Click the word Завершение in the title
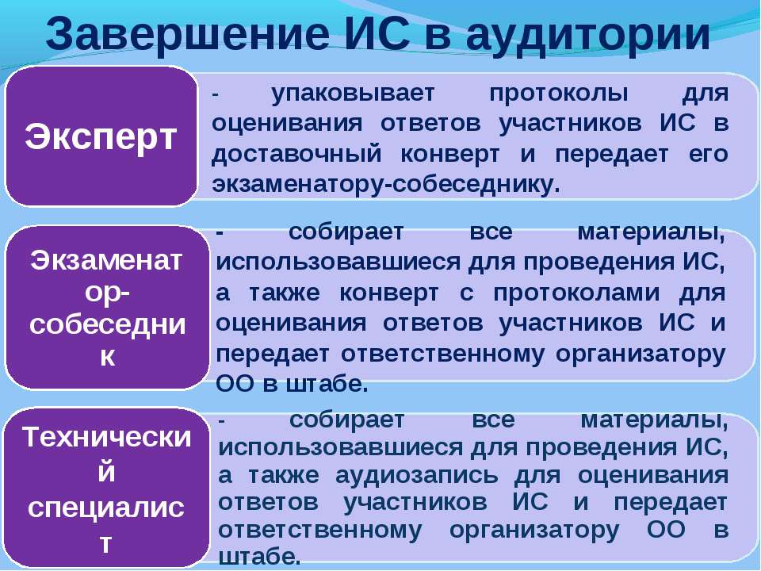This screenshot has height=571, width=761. coord(187,34)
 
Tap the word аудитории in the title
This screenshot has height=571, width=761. coord(587,35)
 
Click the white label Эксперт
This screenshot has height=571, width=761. coord(101,136)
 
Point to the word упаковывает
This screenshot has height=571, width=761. coord(353,93)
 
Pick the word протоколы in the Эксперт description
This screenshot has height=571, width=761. coord(558,93)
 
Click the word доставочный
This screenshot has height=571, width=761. coord(296,155)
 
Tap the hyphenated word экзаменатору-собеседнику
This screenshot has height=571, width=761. coord(386,185)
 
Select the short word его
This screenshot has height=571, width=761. coord(709,155)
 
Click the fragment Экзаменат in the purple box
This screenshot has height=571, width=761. coord(107,261)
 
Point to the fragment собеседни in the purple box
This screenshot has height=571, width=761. coord(107,324)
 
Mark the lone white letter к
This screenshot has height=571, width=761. coord(107,356)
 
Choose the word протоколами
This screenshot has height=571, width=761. coord(576,293)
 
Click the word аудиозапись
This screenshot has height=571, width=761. coord(416,475)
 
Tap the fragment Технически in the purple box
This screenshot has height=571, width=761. coord(107,437)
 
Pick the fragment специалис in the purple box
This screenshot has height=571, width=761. coord(106,508)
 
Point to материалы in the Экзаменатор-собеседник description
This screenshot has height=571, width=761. coord(651,233)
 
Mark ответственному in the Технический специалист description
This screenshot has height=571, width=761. coord(320,531)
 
